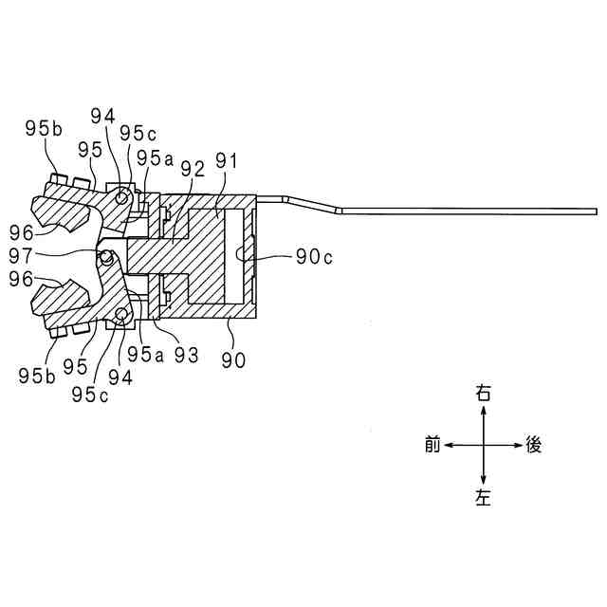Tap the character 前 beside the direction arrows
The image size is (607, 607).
(432, 445)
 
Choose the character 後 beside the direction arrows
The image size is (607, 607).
(535, 445)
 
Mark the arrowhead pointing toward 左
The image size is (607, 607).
(485, 482)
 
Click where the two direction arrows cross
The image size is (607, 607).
(485, 444)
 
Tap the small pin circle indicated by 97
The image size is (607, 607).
(107, 256)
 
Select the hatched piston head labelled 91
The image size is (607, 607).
(208, 255)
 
